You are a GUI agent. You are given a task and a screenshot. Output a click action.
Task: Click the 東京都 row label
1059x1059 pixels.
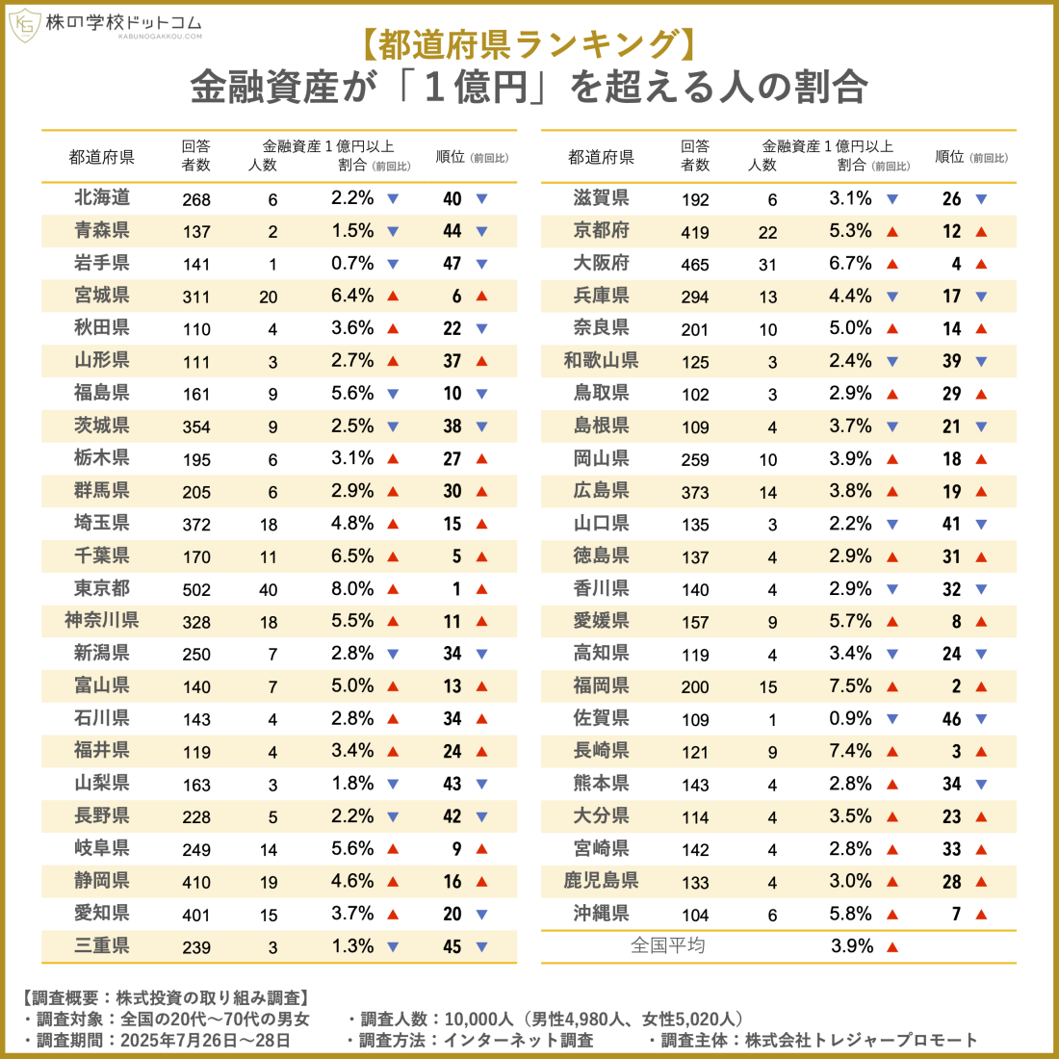click(x=101, y=588)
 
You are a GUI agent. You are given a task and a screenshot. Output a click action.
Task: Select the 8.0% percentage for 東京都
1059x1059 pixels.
click(x=352, y=588)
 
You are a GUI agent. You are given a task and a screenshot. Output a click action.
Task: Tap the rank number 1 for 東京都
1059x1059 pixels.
click(x=456, y=589)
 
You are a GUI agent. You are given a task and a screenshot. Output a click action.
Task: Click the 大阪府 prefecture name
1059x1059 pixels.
click(x=601, y=263)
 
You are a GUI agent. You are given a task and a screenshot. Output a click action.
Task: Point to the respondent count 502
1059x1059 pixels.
click(x=196, y=590)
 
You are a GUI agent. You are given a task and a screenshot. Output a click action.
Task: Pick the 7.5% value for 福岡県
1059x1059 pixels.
click(x=850, y=686)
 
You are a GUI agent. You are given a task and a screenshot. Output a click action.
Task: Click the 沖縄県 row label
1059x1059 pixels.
click(x=601, y=913)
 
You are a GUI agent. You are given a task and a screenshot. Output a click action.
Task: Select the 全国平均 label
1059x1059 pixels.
click(x=667, y=945)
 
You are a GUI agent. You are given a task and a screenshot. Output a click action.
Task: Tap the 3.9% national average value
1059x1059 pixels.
click(x=852, y=946)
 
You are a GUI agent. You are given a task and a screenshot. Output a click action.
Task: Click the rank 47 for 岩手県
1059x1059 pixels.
click(x=452, y=264)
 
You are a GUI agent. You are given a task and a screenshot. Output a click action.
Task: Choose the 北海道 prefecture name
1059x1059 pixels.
click(x=101, y=197)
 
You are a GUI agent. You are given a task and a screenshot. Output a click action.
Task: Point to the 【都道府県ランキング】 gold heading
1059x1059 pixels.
click(x=529, y=45)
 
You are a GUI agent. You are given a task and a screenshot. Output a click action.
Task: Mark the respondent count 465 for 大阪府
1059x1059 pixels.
click(x=695, y=265)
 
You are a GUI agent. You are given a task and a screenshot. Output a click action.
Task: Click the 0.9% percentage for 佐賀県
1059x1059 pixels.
click(x=850, y=718)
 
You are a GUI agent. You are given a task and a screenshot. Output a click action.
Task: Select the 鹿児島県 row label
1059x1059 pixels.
click(x=601, y=880)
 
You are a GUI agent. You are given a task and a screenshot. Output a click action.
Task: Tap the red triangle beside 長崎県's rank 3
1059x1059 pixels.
click(x=981, y=752)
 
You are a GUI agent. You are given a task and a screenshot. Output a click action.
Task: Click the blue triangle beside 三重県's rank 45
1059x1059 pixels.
click(x=481, y=947)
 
